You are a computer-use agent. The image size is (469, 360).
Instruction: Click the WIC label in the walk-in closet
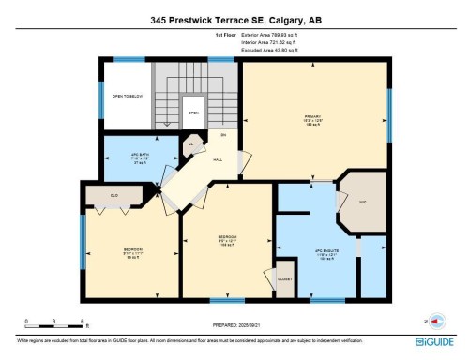362,202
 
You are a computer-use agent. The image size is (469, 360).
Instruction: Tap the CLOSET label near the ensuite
284,278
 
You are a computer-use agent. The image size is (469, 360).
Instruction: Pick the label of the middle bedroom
227,239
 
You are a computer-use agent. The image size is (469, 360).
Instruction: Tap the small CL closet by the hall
189,144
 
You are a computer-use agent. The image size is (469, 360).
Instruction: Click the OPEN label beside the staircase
192,112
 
